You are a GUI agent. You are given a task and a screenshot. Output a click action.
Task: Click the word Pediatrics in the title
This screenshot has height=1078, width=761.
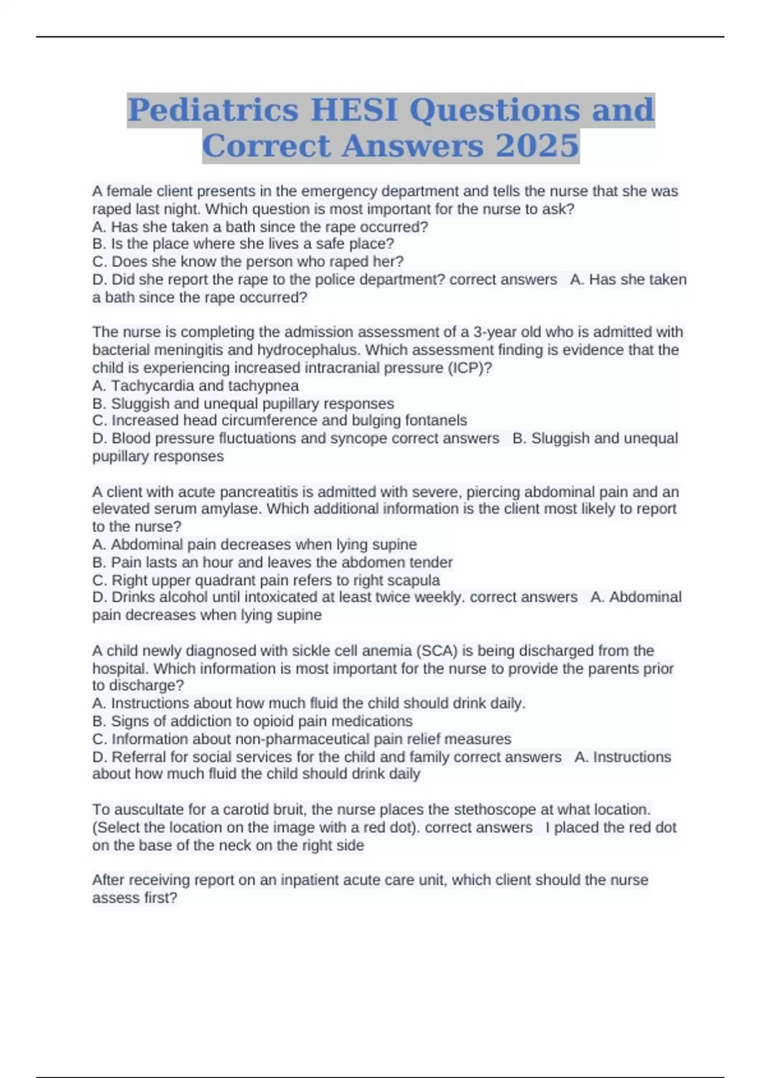point(213,110)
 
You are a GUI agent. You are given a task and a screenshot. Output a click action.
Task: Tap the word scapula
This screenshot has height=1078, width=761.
point(412,580)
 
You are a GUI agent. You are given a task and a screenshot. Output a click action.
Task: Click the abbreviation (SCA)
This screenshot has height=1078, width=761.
point(437,651)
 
